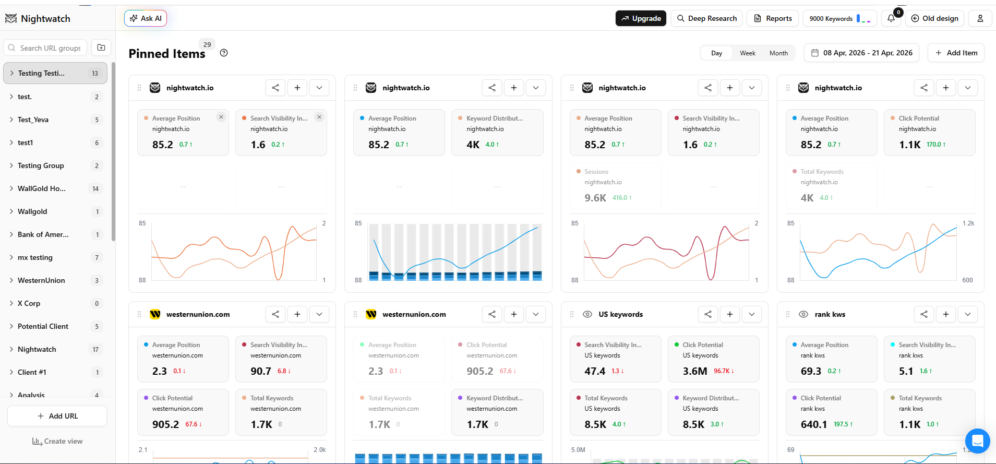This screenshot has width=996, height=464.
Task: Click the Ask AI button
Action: (146, 18)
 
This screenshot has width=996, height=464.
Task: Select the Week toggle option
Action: (747, 53)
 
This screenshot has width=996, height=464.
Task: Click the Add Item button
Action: (956, 53)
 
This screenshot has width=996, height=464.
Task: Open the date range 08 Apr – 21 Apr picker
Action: (861, 53)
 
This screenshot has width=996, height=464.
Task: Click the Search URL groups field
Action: (50, 48)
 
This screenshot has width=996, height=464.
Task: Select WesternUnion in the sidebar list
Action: (41, 280)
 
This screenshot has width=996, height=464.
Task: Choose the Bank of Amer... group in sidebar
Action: (43, 234)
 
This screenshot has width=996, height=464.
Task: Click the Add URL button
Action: (57, 416)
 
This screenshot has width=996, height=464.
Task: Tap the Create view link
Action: (57, 441)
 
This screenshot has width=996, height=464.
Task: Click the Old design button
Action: (934, 18)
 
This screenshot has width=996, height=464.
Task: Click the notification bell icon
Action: (891, 18)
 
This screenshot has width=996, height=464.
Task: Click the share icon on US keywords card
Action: (708, 314)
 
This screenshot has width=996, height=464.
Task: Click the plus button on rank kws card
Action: (946, 314)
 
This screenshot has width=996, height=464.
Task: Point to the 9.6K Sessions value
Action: (595, 198)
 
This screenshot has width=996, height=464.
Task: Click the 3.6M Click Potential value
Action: (695, 371)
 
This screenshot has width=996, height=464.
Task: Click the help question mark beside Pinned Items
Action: (224, 53)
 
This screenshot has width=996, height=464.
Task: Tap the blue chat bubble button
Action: (977, 441)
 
